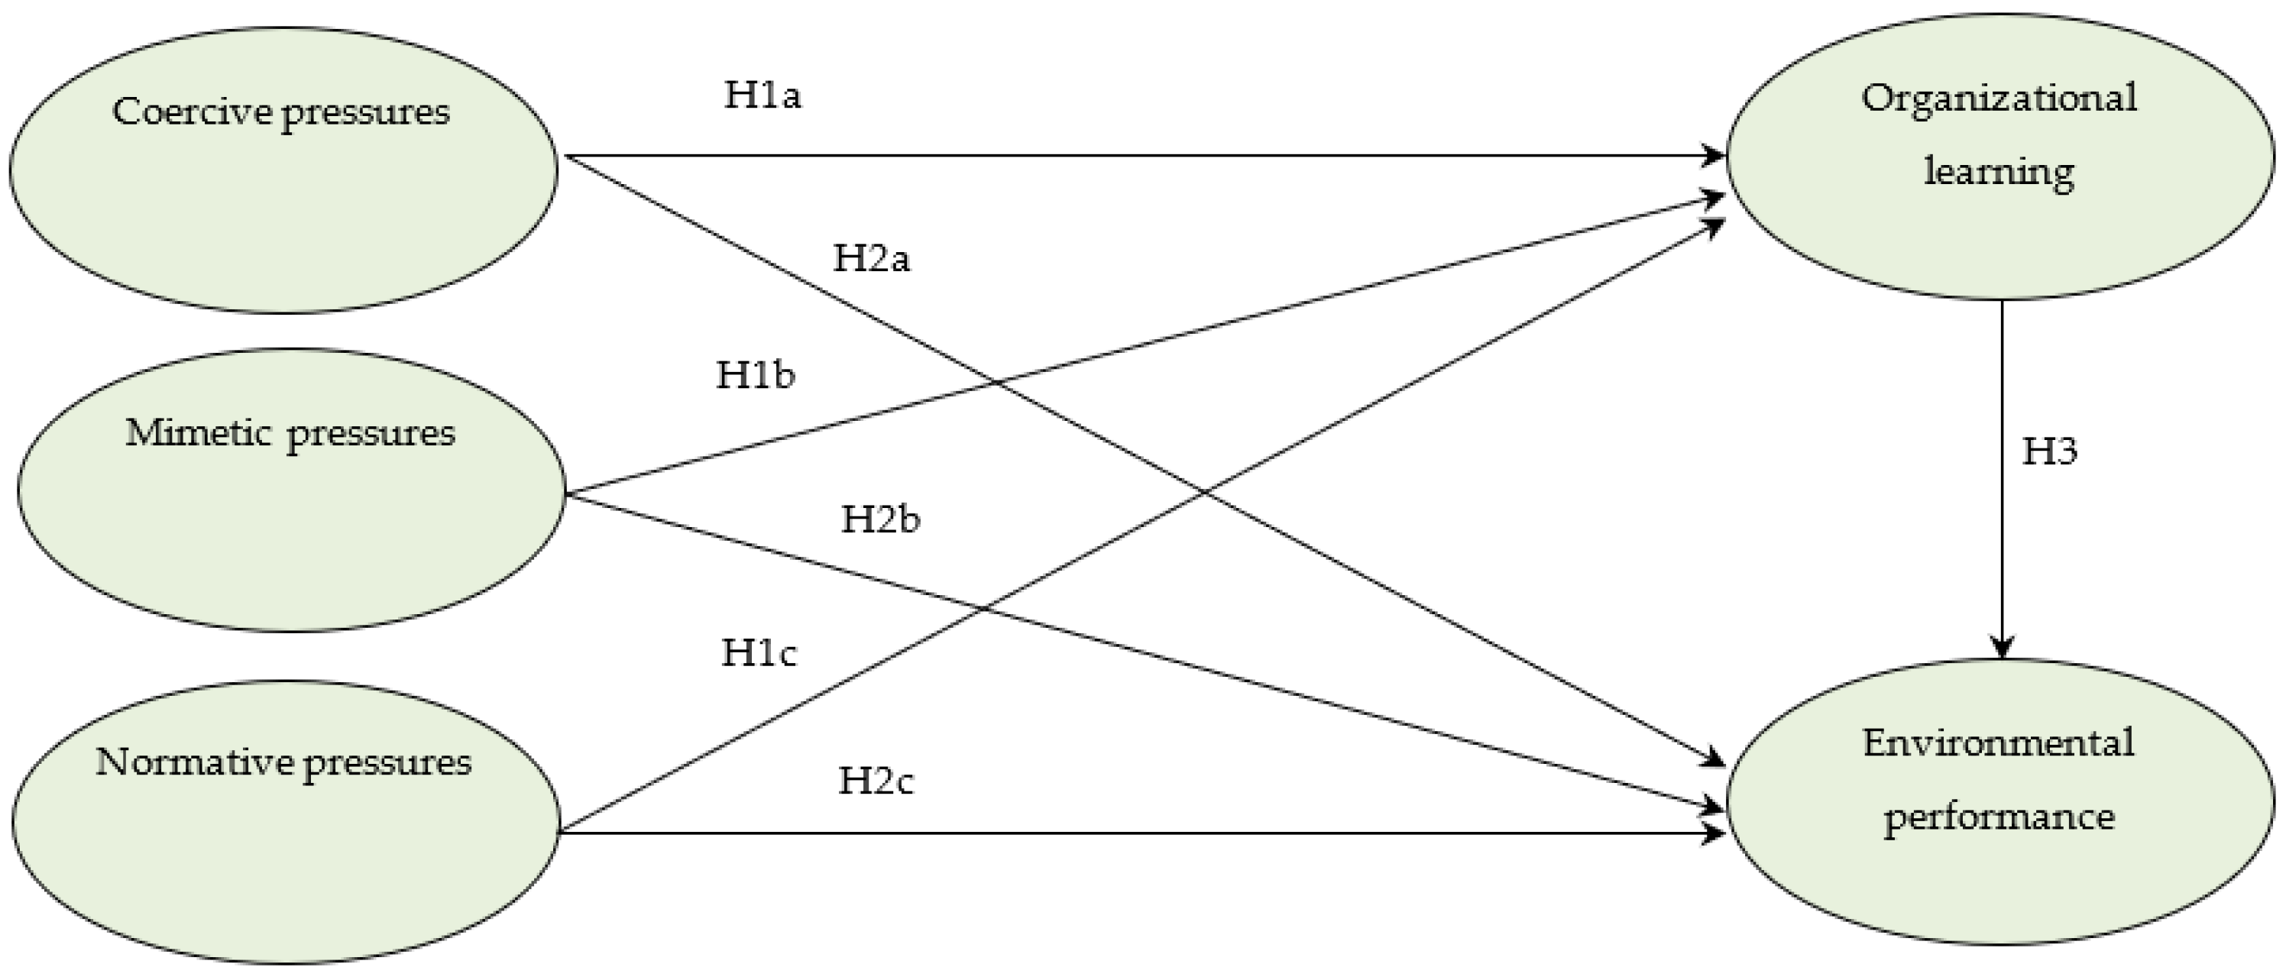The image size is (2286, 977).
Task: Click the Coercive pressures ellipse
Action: coord(284,204)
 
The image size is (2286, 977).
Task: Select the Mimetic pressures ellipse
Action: coord(291,523)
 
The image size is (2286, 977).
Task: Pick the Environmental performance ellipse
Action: coord(2000,878)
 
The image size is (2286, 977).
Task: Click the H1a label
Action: coord(763,95)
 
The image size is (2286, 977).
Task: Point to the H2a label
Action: coord(872,258)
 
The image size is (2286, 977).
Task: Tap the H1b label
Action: coord(755,375)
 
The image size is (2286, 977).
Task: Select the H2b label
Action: coord(880,519)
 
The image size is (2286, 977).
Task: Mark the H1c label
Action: coord(759,653)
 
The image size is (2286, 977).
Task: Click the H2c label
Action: coord(876,781)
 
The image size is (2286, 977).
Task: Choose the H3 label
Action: coord(2049,451)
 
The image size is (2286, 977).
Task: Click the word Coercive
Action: coord(193,112)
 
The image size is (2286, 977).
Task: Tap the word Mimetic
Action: coord(198,433)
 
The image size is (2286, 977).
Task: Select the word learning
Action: coord(1999,170)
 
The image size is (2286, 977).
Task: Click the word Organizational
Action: coord(1999,98)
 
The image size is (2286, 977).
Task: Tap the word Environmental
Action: coord(1999,742)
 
